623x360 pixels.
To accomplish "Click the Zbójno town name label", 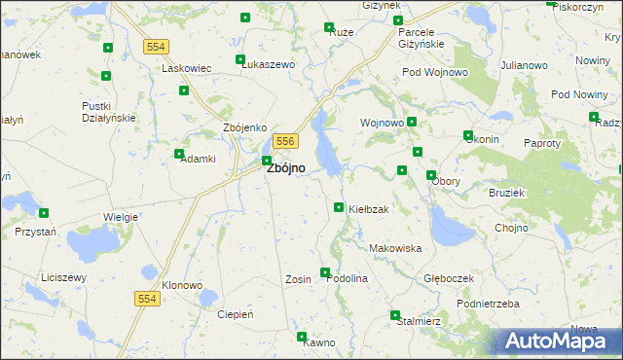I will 285,167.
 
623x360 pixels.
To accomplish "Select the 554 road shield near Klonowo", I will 147,300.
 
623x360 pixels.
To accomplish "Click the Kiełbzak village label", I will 369,210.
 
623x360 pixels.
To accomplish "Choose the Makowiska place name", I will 395,248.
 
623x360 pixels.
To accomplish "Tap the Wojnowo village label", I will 382,124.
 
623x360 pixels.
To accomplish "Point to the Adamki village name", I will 197,159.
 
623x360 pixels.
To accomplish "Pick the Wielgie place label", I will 120,217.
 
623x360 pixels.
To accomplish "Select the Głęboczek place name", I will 449,278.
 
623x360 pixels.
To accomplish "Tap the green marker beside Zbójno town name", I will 266,161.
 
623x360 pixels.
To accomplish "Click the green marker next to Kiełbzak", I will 339,207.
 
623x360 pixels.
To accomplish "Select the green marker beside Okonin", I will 468,135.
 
